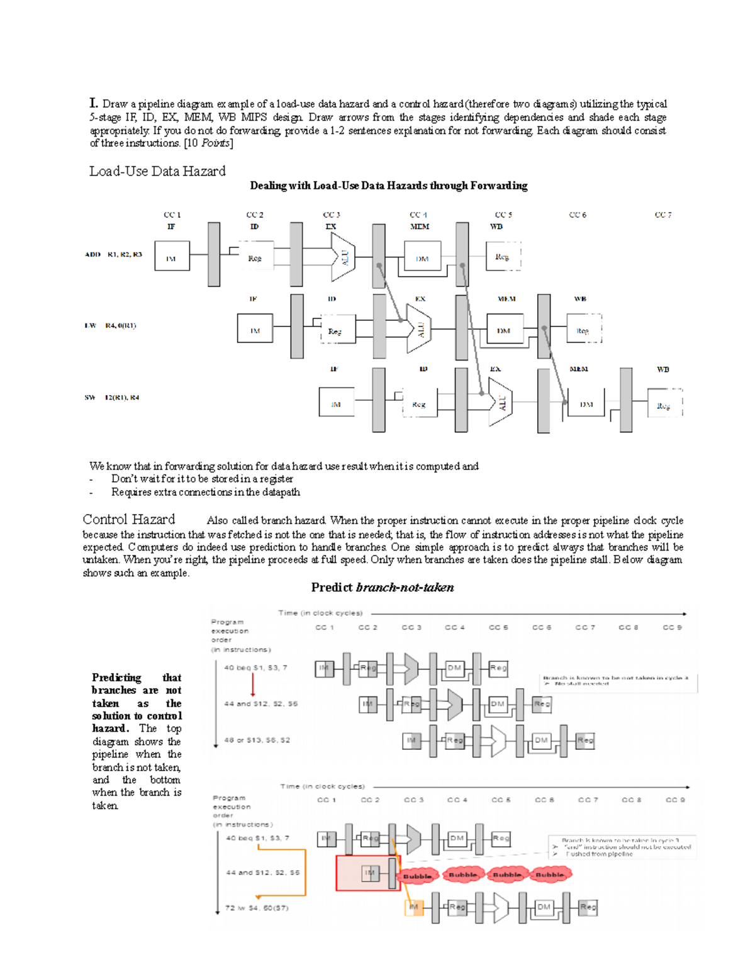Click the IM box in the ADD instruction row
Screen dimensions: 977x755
tap(172, 256)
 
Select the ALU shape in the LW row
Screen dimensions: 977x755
tap(418, 328)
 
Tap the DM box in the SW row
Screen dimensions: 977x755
tap(586, 404)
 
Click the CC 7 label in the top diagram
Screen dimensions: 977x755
tap(663, 215)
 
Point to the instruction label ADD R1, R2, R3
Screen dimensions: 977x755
tap(113, 254)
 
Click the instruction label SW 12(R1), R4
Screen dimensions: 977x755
tap(112, 398)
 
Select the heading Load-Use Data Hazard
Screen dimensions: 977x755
tap(157, 171)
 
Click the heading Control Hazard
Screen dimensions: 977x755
tap(129, 520)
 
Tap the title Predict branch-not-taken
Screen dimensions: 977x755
tap(382, 588)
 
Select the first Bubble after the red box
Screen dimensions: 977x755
tap(417, 875)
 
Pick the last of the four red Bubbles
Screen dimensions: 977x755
tap(549, 874)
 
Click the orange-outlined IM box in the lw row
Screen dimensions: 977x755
tap(413, 907)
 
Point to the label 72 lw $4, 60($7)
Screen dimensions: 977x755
tap(257, 908)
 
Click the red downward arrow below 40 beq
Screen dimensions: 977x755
tap(253, 684)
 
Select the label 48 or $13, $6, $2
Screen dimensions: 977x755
tap(257, 740)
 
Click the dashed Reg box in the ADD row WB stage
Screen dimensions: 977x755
tap(503, 257)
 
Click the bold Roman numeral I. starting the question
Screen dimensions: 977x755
tap(94, 103)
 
